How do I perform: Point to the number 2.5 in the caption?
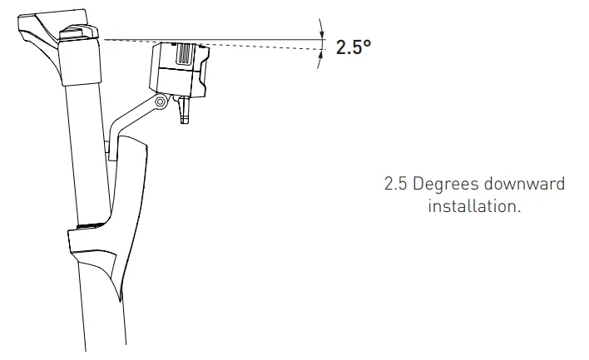396,184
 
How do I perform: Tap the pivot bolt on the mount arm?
161,101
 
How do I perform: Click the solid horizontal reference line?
250,38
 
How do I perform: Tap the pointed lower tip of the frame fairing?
122,298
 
